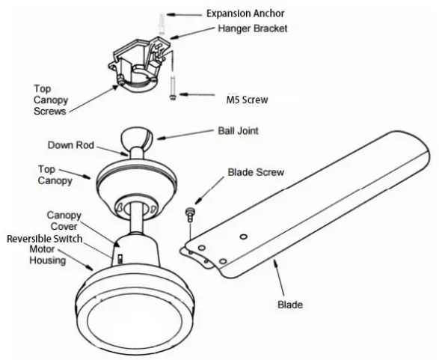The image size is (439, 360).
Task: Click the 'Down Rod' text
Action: tap(70, 144)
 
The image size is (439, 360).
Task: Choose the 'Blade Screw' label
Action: tap(256, 172)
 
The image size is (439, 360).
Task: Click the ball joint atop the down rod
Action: tap(138, 139)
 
